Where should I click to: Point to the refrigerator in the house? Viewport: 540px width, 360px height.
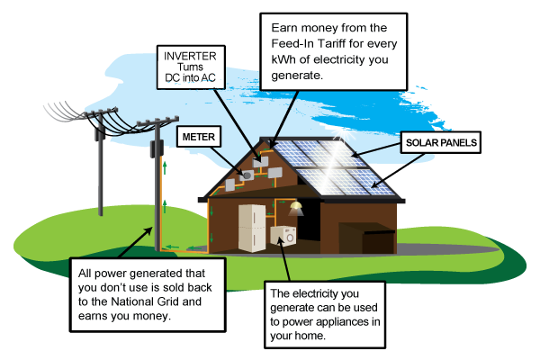click(252, 226)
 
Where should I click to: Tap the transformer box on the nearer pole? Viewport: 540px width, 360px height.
click(154, 148)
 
